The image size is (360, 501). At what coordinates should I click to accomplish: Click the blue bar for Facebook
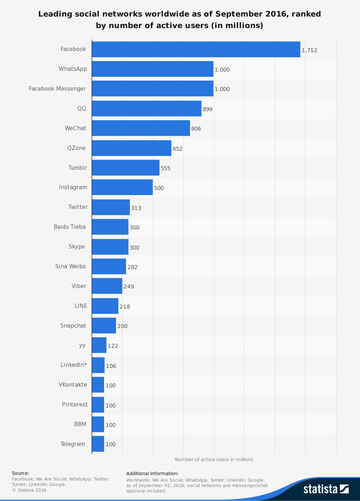pos(196,49)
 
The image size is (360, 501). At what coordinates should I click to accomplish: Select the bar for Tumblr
pos(126,168)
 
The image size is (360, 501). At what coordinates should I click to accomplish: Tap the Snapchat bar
pos(104,325)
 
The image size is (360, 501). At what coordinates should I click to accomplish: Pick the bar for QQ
pos(147,108)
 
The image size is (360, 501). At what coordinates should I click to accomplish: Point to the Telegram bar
pos(98,444)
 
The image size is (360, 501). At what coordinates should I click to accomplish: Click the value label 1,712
pos(309,50)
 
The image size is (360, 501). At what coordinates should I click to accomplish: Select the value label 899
pos(207,109)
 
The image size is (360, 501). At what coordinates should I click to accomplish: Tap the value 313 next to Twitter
pos(136,208)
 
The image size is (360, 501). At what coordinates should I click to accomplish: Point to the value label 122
pos(113,346)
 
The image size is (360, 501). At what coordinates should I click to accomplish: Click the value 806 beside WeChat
pos(196,129)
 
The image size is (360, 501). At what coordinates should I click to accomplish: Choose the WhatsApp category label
pos(73,69)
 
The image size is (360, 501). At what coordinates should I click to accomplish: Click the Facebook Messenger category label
pos(57,89)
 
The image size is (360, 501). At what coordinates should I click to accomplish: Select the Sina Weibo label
pos(71,267)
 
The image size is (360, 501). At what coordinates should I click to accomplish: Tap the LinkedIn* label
pos(73,365)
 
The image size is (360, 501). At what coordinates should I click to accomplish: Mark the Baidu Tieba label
pos(69,227)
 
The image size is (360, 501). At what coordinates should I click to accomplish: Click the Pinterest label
pos(75,405)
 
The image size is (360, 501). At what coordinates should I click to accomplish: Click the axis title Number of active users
pos(214,460)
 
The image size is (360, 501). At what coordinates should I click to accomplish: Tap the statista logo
pos(326,489)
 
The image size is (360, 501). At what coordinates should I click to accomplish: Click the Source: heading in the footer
pos(21,473)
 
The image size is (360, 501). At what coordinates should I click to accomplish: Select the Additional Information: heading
pos(152,474)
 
